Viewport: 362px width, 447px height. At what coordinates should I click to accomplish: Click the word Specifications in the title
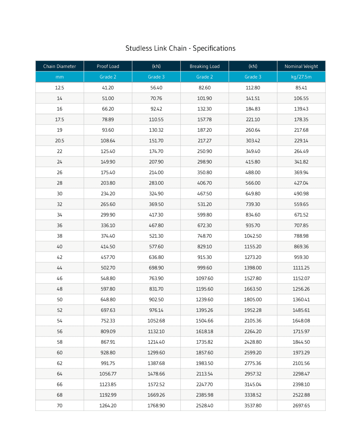(214, 48)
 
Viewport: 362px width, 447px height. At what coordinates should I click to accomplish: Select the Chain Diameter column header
(59, 66)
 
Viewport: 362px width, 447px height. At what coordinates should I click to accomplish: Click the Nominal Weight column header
(301, 66)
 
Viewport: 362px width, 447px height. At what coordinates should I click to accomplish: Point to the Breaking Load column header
(204, 66)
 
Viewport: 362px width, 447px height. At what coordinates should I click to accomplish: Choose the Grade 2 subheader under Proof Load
(108, 77)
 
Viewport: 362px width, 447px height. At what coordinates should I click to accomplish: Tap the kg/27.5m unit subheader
(301, 77)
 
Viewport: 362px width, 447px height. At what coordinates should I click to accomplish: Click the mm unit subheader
(59, 77)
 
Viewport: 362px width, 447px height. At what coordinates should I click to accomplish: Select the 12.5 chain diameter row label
(59, 88)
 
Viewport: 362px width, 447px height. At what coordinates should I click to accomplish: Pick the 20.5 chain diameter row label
(59, 141)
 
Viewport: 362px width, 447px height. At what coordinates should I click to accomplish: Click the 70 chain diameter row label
(59, 405)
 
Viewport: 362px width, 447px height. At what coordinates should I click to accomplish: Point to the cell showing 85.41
(301, 88)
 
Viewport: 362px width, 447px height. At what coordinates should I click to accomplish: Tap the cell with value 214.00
(156, 172)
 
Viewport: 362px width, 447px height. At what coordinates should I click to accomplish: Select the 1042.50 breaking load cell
(253, 236)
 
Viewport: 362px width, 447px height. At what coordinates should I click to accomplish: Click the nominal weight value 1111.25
(301, 268)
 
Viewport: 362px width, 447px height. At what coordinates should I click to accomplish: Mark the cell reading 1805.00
(253, 299)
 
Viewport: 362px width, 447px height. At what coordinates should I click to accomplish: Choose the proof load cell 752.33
(108, 321)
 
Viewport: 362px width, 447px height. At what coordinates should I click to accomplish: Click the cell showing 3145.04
(253, 384)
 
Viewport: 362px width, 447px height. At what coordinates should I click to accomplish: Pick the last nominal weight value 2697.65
(301, 405)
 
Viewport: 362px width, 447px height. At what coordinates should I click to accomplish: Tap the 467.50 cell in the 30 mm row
(204, 194)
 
